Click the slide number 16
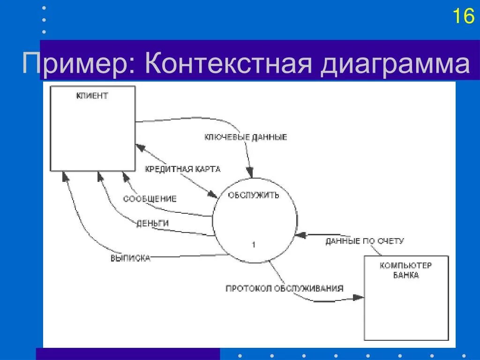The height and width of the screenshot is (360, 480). (x=463, y=16)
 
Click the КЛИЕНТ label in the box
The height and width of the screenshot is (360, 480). (x=92, y=96)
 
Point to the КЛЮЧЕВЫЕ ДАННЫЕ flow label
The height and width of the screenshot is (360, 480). (x=246, y=137)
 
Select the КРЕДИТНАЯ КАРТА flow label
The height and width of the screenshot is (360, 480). (x=182, y=169)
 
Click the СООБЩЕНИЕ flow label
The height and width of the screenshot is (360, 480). (x=150, y=199)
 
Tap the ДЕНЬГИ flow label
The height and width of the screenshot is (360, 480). (x=152, y=223)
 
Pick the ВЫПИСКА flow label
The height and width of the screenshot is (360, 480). (x=130, y=258)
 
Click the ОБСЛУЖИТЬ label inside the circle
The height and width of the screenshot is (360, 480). (x=253, y=195)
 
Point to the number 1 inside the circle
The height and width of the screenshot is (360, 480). (x=254, y=245)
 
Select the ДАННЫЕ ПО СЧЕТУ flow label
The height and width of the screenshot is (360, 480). (x=365, y=241)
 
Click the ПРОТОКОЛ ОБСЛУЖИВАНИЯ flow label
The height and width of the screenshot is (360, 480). (x=285, y=288)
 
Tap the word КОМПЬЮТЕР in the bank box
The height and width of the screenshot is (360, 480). (x=406, y=265)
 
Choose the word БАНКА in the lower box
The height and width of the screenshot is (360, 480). (x=406, y=275)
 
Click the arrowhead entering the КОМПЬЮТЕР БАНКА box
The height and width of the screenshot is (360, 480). (x=359, y=297)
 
